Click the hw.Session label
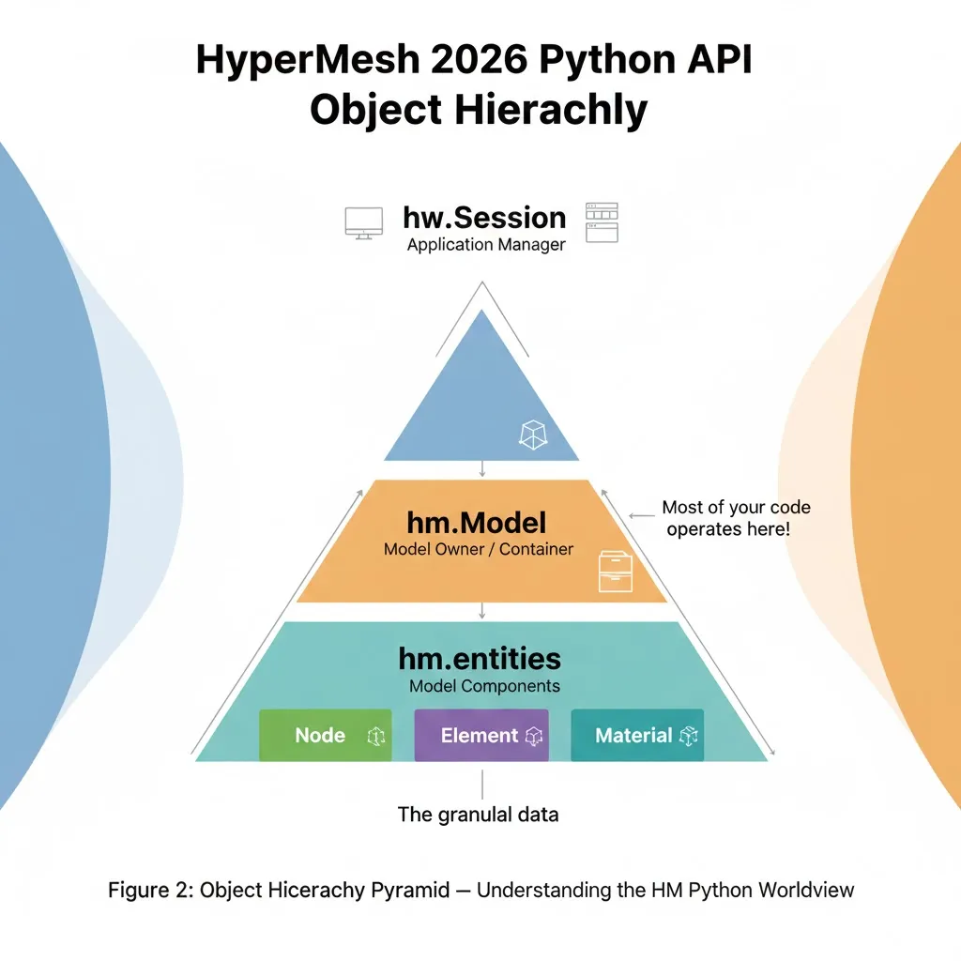[484, 218]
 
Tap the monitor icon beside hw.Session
[363, 222]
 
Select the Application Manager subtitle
[486, 246]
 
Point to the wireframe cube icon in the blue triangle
[532, 434]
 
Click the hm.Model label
[477, 522]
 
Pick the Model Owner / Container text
[478, 549]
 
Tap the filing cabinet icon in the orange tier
[616, 571]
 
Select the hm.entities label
[480, 657]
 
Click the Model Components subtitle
[484, 686]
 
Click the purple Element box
[480, 736]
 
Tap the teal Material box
[636, 736]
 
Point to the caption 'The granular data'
[478, 815]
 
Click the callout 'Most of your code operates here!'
[736, 518]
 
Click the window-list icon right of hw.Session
[602, 222]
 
